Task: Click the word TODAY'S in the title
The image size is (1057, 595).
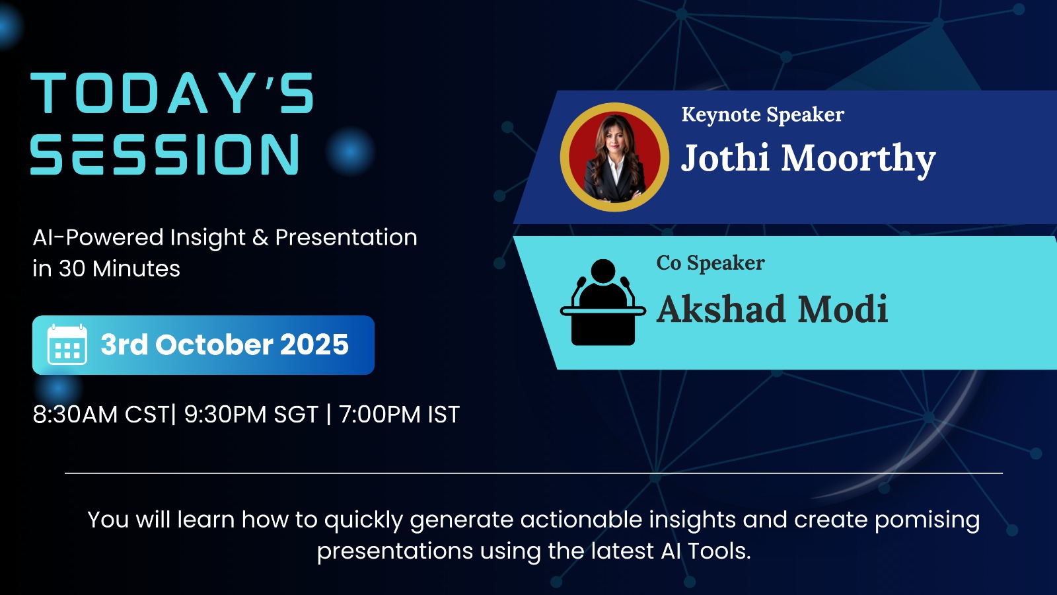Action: [x=172, y=93]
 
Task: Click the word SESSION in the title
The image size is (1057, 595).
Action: [x=165, y=155]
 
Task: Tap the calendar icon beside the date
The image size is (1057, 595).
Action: [x=67, y=344]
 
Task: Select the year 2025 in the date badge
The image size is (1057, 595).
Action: [x=314, y=344]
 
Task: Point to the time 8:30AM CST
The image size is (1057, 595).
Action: [x=101, y=415]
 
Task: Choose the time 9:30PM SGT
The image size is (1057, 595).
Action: [x=251, y=415]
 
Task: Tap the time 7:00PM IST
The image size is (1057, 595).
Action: [x=399, y=415]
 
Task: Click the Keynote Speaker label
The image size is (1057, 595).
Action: [x=762, y=115]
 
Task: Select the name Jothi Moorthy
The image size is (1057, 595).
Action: [x=808, y=159]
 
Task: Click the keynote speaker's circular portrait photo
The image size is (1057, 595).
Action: [x=614, y=157]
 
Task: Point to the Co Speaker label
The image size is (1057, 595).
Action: [x=710, y=263]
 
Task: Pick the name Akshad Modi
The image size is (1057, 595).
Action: [x=772, y=309]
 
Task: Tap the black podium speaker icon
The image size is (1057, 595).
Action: [x=603, y=302]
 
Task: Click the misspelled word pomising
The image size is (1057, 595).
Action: [x=928, y=520]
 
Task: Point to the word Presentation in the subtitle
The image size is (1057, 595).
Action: [x=346, y=237]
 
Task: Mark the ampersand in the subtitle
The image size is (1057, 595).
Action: [x=260, y=237]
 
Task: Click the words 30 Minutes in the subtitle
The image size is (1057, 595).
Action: [x=120, y=268]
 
